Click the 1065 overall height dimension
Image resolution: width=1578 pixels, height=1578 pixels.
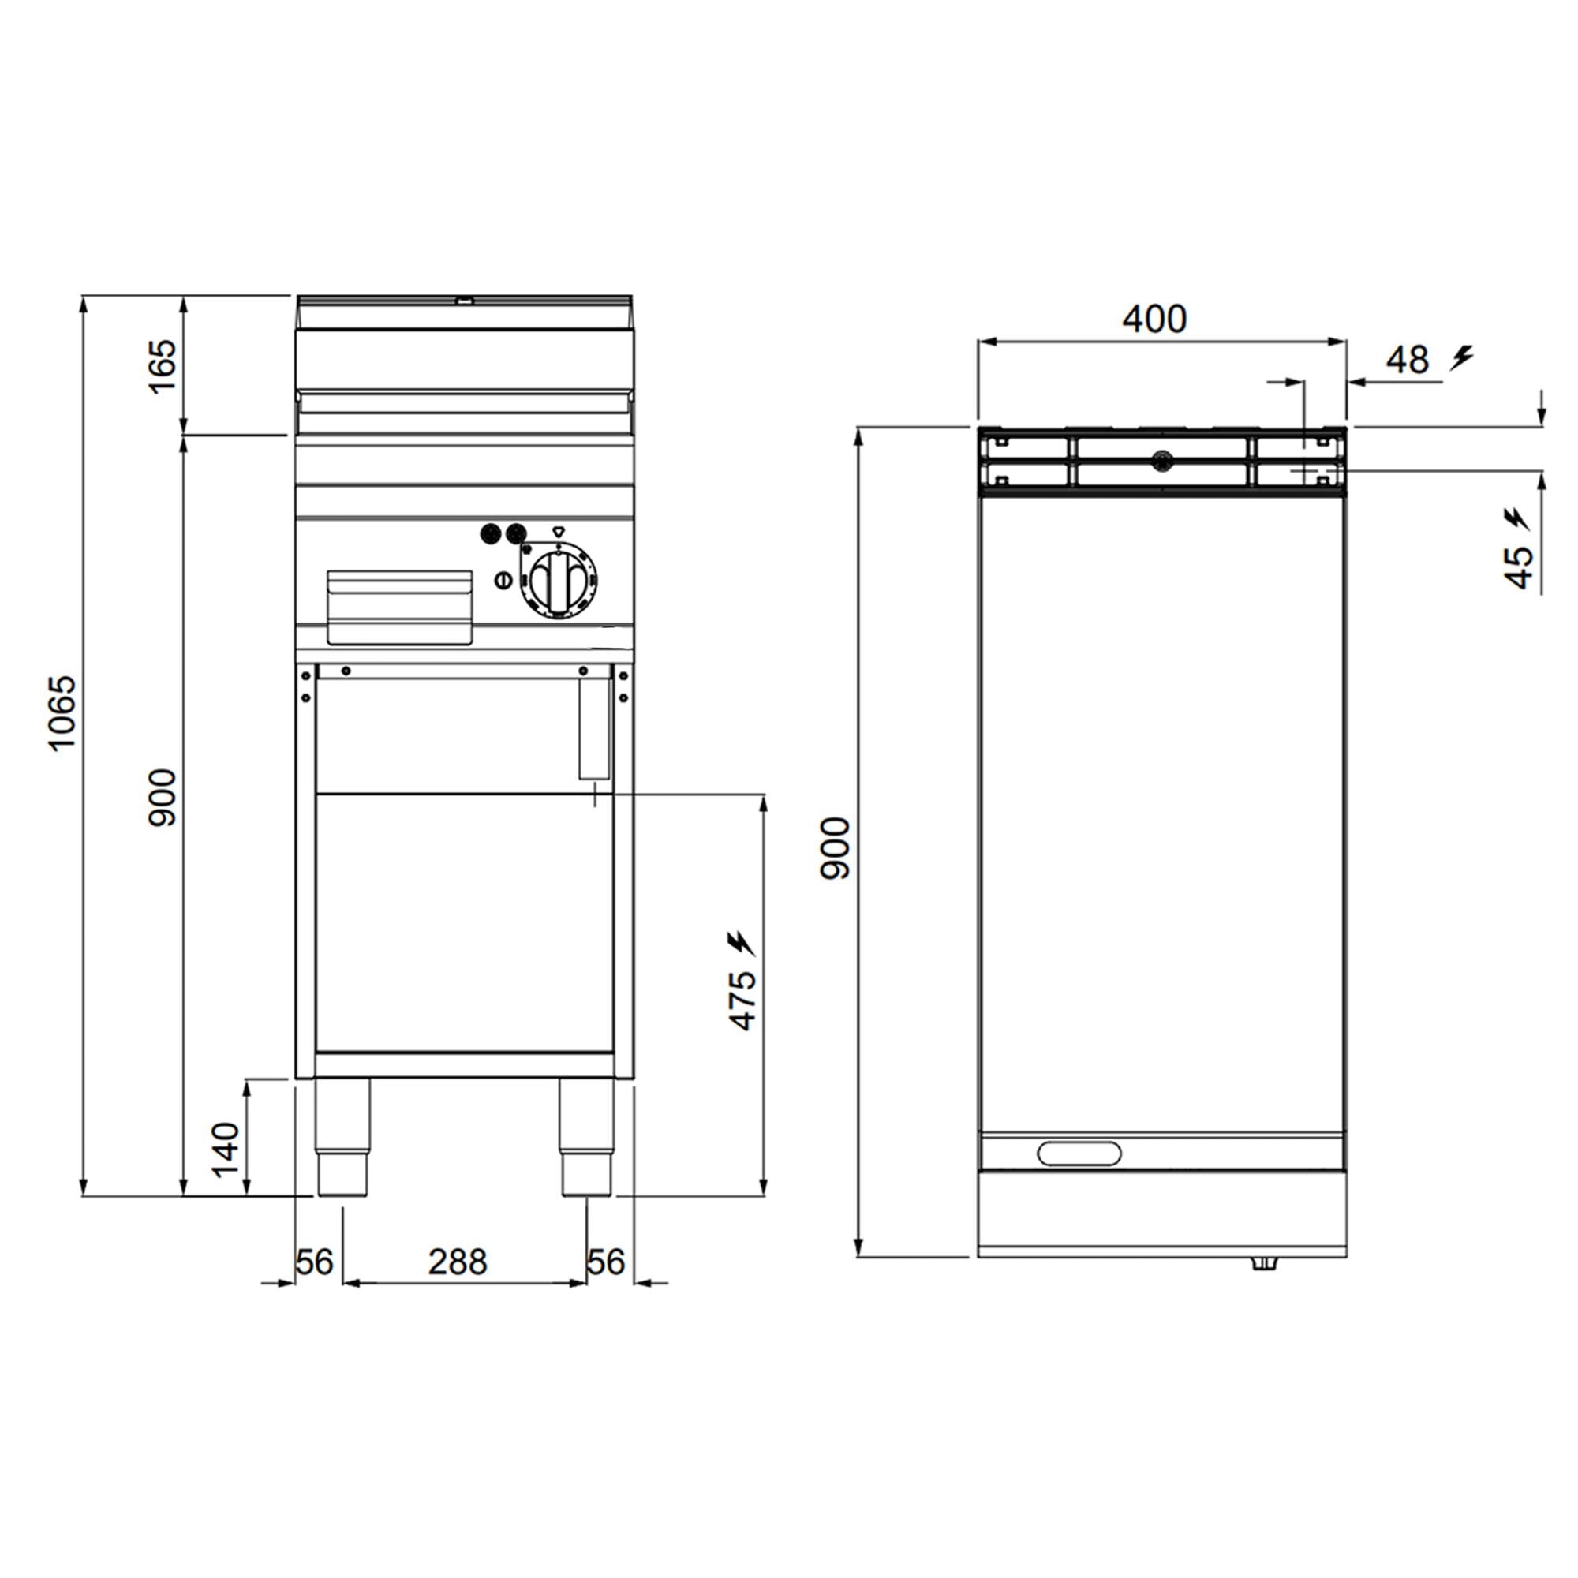click(x=62, y=712)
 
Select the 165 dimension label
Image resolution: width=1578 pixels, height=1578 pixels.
click(x=163, y=367)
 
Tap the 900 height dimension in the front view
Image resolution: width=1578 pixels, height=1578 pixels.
click(x=163, y=797)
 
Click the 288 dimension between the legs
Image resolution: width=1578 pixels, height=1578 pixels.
click(x=458, y=1262)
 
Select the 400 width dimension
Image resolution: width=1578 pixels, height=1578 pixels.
click(x=1154, y=319)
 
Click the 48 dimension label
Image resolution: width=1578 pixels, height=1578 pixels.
click(x=1408, y=361)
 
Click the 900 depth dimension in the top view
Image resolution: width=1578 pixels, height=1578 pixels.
click(x=835, y=848)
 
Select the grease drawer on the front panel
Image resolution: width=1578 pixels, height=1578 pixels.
click(x=400, y=606)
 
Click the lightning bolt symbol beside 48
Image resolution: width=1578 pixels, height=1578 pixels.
click(x=1461, y=357)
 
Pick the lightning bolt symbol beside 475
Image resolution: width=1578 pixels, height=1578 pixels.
click(x=742, y=944)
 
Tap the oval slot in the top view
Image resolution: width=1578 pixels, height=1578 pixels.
click(x=1079, y=1154)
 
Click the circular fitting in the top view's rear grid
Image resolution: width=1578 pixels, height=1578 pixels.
click(x=1161, y=462)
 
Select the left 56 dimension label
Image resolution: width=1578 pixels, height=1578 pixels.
click(x=315, y=1262)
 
